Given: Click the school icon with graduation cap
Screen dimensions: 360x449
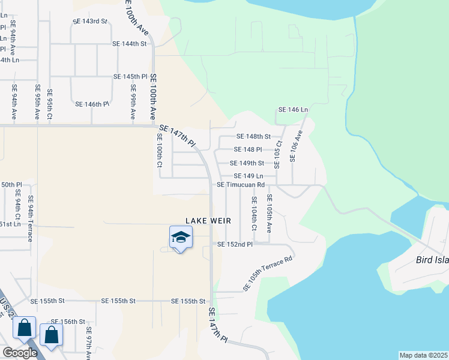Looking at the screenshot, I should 181,238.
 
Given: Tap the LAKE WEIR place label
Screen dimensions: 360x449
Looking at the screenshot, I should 208,221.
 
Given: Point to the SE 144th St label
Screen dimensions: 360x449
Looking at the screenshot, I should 130,44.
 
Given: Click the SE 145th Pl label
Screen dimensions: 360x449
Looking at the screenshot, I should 131,77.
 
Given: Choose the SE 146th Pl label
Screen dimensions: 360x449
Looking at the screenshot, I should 92,104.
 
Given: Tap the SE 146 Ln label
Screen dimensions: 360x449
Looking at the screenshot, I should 293,110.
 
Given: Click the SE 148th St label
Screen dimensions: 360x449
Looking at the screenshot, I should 254,136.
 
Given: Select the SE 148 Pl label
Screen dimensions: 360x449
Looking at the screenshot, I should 248,149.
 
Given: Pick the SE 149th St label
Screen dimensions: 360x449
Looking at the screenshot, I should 247,163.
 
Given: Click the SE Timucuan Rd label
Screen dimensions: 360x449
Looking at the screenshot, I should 241,185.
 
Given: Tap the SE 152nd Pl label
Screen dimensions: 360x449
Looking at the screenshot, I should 235,244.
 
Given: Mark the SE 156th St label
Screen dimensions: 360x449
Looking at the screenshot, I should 68,322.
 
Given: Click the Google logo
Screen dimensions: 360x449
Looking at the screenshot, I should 19,353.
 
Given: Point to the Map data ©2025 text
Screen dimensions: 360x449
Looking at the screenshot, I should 423,355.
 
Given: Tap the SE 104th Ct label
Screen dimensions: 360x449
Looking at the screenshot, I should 254,214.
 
